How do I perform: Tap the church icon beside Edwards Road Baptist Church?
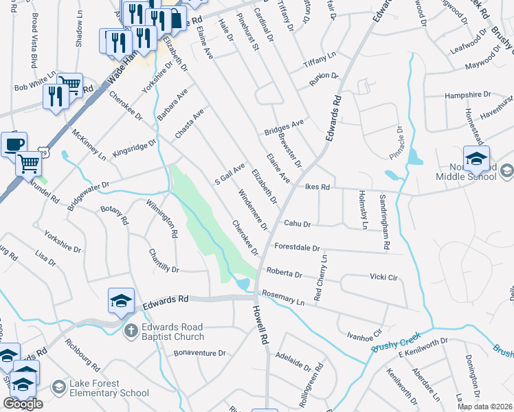[131, 332]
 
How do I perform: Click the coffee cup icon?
[14, 145]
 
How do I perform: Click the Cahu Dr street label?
[298, 224]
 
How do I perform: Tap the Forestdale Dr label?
[297, 247]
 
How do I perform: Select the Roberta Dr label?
[284, 273]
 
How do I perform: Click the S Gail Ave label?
[230, 174]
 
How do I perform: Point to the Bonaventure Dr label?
[199, 353]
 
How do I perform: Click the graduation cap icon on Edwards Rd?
[120, 300]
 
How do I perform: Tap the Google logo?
[23, 404]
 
